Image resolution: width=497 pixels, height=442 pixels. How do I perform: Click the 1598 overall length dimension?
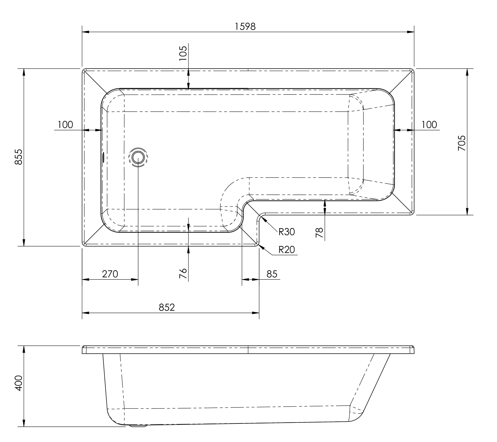point(245,26)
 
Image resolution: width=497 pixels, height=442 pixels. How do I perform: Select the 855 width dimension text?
point(18,157)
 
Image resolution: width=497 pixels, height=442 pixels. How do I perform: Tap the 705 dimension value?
point(462,143)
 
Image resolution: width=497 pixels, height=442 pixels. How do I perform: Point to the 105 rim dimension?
point(183,53)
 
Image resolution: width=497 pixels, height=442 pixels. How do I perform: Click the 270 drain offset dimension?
point(110,274)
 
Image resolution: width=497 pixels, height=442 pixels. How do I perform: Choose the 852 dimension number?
point(167,307)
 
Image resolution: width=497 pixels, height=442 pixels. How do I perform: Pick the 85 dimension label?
point(272,274)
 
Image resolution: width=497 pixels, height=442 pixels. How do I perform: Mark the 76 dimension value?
point(183,273)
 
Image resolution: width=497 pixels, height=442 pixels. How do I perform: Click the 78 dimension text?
point(319,232)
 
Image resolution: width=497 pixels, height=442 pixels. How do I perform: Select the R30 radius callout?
point(287,232)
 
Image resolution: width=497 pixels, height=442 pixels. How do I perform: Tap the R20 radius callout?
point(287,249)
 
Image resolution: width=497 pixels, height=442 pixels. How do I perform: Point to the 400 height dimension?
point(18,383)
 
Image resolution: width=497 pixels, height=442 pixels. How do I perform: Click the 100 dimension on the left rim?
point(65,125)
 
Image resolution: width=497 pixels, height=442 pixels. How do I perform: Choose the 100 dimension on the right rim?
point(429,125)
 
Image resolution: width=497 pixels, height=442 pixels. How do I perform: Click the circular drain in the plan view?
point(138,158)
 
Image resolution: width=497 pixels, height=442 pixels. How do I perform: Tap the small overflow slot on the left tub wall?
point(103,157)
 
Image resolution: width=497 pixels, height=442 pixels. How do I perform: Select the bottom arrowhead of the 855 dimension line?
point(24,243)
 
